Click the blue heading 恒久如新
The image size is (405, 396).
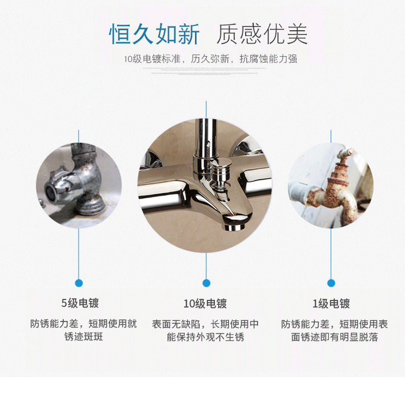(x=154, y=34)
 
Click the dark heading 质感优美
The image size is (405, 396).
(x=262, y=34)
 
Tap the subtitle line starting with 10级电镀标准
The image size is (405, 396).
(x=211, y=59)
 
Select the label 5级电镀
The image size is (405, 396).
(x=80, y=303)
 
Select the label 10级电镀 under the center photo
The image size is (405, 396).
(x=205, y=304)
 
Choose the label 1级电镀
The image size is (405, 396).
(x=331, y=304)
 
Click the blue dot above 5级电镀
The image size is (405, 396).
(x=79, y=283)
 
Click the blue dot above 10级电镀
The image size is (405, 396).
(x=206, y=283)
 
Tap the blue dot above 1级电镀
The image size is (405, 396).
(x=331, y=283)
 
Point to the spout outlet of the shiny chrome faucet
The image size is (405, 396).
(x=234, y=228)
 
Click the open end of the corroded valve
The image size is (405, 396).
(x=50, y=191)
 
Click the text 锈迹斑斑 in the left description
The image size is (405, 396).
(x=84, y=337)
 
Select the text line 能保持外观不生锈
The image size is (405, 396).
(x=205, y=337)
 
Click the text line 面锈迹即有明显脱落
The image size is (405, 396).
(x=335, y=337)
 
